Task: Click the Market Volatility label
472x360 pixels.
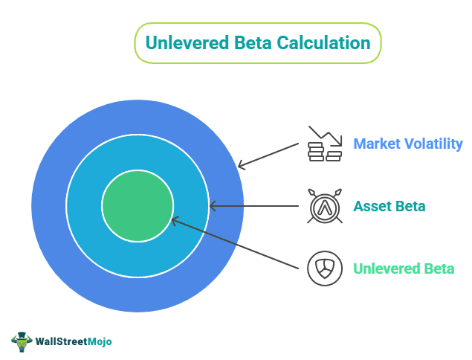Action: tap(408, 144)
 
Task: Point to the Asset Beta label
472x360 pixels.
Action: tap(389, 206)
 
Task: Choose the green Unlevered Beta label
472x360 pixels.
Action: tap(404, 269)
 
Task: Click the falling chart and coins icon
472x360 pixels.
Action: tap(325, 144)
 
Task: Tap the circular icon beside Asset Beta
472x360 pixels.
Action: tap(325, 206)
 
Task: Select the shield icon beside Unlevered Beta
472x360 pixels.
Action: tap(325, 269)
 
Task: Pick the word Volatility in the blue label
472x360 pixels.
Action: tap(432, 144)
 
